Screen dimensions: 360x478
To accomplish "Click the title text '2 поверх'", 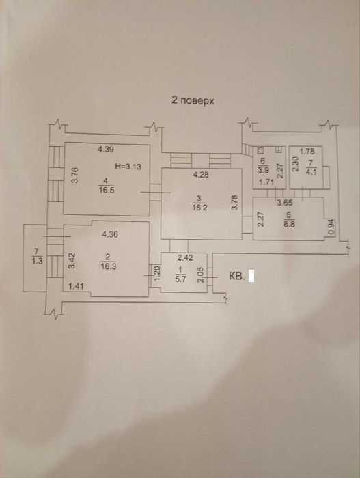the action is click(x=193, y=100).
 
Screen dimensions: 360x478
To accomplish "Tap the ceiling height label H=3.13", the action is click(x=128, y=167).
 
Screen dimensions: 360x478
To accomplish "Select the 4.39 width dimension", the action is click(x=106, y=149).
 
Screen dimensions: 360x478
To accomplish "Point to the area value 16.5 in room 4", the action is click(x=106, y=191).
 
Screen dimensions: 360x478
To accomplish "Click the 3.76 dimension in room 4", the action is click(x=74, y=175).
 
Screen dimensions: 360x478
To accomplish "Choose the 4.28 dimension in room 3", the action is click(x=200, y=175).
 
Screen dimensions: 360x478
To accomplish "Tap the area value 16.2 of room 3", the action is click(x=200, y=208).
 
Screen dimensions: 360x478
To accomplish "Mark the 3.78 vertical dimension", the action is click(x=234, y=202).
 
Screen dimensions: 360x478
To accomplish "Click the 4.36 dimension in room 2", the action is click(x=110, y=234).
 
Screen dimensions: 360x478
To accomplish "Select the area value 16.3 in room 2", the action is click(x=108, y=266).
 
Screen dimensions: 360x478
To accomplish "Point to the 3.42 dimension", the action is click(x=72, y=260).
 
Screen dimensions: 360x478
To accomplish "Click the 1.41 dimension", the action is click(x=76, y=286).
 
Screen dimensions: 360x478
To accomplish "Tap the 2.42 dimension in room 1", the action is click(x=185, y=257).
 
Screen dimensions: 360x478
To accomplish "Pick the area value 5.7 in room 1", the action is click(x=180, y=279).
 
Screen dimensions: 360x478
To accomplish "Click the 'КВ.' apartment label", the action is click(x=237, y=276).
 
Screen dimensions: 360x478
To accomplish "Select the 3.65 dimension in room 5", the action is click(x=285, y=202).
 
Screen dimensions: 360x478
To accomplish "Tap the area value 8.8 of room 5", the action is click(x=289, y=225).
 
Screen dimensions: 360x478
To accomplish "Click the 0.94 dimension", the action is click(x=331, y=227).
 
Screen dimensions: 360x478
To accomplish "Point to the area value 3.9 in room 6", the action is click(x=263, y=170).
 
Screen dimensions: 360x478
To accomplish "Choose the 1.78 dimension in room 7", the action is click(x=307, y=151).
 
